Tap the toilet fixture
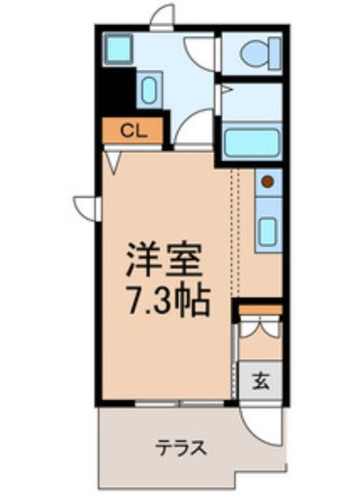[x=254, y=54]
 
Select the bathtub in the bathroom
[x=252, y=143]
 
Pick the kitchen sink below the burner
[x=267, y=228]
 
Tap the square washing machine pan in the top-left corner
[x=118, y=48]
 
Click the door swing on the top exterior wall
[x=162, y=16]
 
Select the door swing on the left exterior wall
[x=86, y=206]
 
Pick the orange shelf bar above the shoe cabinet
[x=259, y=308]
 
